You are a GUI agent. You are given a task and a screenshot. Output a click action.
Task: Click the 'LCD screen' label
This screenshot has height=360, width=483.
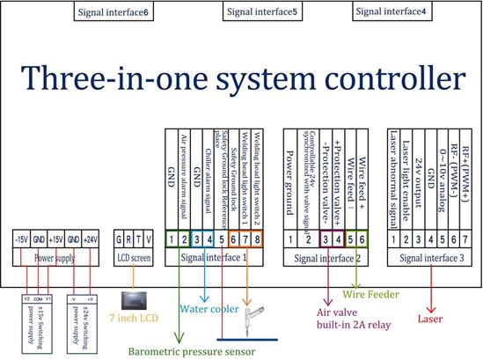pyautogui.click(x=139, y=258)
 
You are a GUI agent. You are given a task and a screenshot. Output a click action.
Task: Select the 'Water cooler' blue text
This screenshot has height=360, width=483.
pyautogui.click(x=209, y=308)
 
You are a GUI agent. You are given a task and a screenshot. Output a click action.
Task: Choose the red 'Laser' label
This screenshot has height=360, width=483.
pyautogui.click(x=431, y=308)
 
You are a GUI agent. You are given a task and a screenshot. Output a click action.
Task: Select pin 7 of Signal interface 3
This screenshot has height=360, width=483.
pyautogui.click(x=463, y=239)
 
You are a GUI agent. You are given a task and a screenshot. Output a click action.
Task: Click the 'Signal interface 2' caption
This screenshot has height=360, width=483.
pyautogui.click(x=327, y=258)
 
